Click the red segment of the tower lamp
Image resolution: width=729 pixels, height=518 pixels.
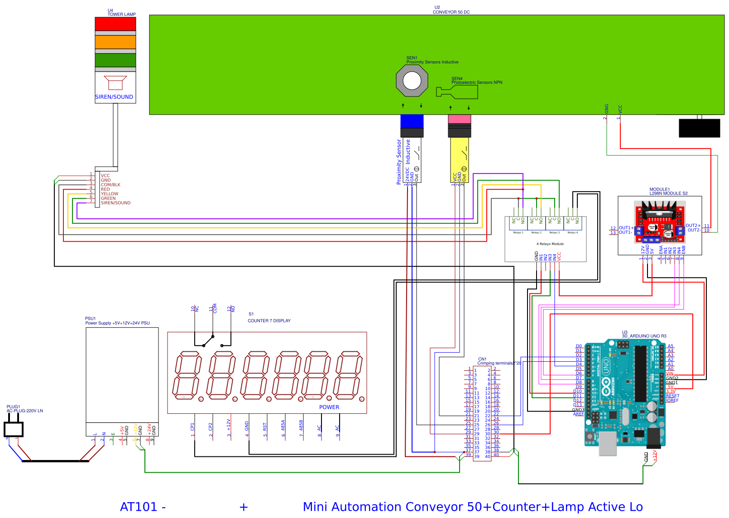115,24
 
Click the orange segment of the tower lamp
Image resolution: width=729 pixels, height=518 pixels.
115,42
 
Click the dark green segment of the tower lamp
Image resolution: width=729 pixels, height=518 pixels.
115,60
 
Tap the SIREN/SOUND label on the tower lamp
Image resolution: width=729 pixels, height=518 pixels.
114,97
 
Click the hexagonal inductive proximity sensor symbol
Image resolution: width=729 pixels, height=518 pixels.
412,81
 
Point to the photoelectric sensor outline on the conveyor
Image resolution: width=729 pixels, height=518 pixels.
457,92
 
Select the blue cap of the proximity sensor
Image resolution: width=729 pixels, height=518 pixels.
412,121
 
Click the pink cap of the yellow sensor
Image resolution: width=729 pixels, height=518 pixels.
459,119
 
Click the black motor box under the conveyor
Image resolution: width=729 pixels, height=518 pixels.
699,128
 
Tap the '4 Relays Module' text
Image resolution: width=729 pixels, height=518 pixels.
550,244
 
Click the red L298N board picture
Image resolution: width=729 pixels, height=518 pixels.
659,222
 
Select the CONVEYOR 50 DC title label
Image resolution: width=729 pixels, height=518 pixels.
451,12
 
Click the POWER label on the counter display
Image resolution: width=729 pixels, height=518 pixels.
329,407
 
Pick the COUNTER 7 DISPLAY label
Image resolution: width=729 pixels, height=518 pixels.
269,321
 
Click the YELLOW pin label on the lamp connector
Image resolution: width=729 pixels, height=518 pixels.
109,194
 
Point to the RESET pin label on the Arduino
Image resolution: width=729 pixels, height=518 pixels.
672,396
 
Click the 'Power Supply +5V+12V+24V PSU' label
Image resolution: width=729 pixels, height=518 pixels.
117,323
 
